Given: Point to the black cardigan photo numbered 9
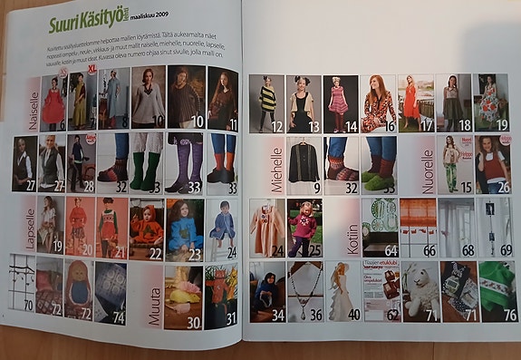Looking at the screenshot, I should point(304,163).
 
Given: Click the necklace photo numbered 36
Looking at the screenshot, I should point(305,290).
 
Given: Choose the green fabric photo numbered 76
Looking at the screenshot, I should point(498,291).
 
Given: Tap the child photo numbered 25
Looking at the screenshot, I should point(305,227).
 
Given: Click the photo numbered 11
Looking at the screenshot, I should point(223,98).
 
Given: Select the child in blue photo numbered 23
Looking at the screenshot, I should point(184,226).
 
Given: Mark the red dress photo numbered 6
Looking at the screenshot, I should point(53,102).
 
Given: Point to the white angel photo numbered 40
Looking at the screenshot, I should point(343,290).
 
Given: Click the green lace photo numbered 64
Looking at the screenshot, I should point(380,227).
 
